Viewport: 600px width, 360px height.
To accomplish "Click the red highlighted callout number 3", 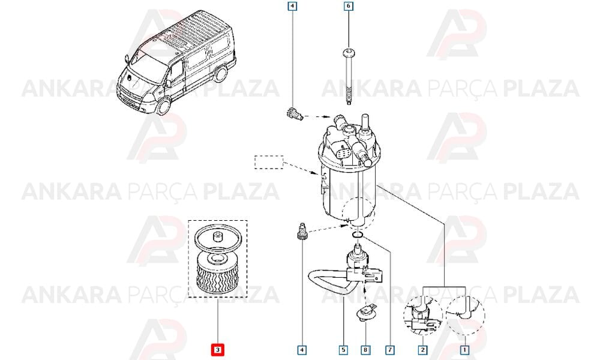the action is point(217,350).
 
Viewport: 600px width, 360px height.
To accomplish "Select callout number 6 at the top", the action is point(348,6).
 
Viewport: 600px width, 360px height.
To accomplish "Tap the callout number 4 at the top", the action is point(292,6).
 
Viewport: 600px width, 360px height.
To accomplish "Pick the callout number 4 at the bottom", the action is point(302,350).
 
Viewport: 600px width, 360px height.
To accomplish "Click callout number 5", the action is point(343,350).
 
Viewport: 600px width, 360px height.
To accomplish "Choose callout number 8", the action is point(365,350).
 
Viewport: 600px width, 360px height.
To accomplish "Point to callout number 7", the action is point(390,350).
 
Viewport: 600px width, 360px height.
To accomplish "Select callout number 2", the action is point(422,350).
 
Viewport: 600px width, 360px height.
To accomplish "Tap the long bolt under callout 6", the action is point(349,77).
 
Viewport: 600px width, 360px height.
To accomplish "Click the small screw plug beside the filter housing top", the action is point(295,113).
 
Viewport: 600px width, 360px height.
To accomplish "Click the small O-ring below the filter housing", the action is point(356,234).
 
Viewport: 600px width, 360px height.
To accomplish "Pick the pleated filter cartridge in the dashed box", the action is point(217,274).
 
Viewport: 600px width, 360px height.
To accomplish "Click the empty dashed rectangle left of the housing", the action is point(269,162).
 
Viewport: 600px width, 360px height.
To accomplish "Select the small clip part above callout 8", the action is point(365,312).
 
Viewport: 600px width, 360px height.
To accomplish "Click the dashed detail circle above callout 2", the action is point(423,316).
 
